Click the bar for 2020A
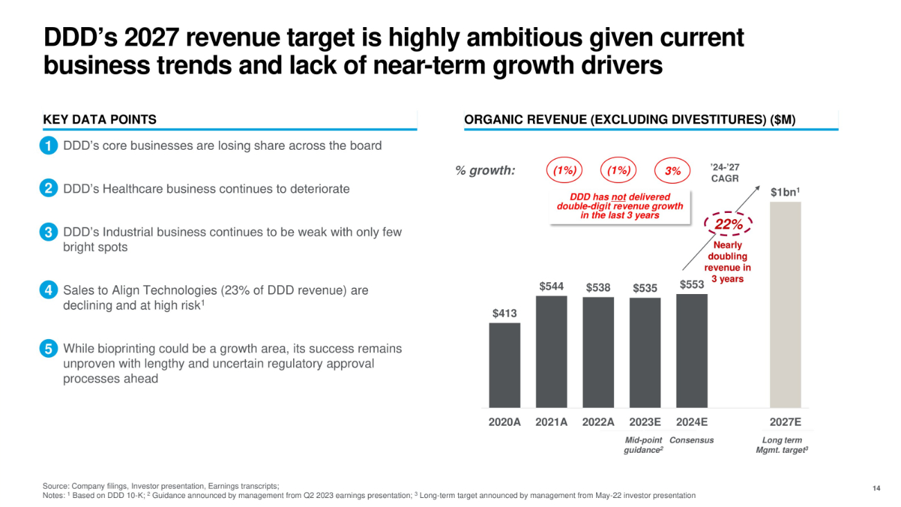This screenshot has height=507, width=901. pos(505,365)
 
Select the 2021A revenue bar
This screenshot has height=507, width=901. pos(551,352)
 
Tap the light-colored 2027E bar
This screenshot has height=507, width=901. pos(785,304)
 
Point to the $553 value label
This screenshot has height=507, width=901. pos(691,284)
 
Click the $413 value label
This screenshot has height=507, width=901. pos(505,313)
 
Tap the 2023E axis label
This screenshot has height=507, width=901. pos(645,422)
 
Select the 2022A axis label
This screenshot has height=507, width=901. pos(598,422)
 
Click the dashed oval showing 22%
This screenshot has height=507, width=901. pos(728,224)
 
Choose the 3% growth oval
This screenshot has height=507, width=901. pos(672,171)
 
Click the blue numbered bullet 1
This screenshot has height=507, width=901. pos(48,146)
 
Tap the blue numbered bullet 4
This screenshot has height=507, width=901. pos(48,291)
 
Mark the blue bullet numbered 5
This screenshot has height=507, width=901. pos(48,350)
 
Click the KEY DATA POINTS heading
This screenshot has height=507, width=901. pos(100,119)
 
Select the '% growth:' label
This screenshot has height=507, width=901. pos(485,171)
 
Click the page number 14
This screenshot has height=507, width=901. pos(877,489)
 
